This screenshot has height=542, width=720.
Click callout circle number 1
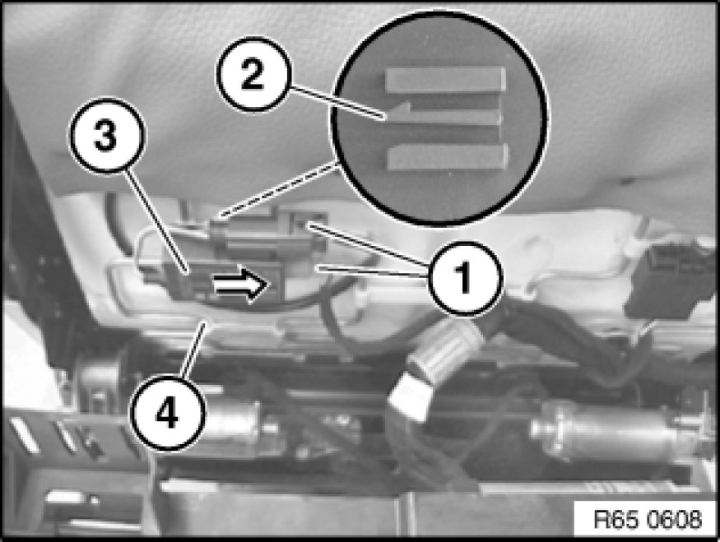pos(465,278)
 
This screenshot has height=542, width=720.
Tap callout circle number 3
pos(106,136)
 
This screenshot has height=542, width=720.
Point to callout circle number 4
pos(168,414)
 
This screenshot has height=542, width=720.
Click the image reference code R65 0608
pos(648,520)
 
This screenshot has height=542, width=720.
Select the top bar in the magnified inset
pos(446,79)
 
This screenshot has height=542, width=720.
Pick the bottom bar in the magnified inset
pos(448,156)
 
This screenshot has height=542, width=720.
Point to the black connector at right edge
pos(671,280)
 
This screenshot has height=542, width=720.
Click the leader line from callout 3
pos(156,221)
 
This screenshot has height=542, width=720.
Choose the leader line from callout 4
pos(193,350)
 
